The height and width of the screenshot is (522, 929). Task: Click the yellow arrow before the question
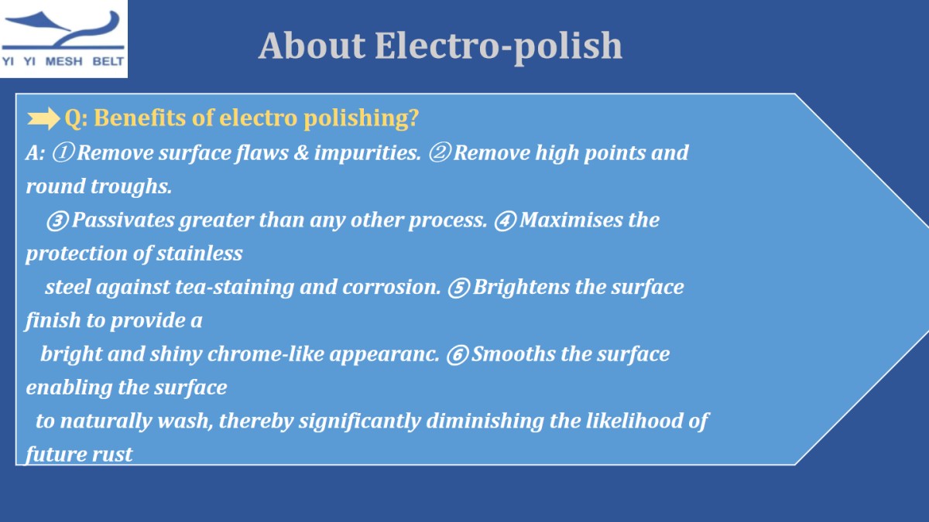tap(43, 118)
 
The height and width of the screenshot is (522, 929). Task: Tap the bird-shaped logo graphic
tap(63, 30)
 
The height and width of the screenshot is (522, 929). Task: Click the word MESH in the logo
tap(63, 62)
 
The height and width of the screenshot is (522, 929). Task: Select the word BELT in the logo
tap(108, 62)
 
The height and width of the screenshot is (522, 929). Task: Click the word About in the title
tap(312, 46)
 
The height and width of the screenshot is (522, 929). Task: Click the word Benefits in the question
tap(140, 118)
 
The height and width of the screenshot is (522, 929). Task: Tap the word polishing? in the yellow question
tap(362, 119)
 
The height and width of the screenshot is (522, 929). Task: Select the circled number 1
tap(63, 153)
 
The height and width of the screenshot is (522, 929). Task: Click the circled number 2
tap(440, 153)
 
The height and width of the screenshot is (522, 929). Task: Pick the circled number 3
tap(57, 220)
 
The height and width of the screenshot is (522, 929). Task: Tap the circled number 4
tap(505, 220)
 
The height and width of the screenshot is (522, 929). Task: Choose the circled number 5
tap(458, 288)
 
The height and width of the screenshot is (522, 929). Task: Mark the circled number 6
tap(458, 355)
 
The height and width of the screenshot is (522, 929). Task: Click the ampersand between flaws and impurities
tap(301, 153)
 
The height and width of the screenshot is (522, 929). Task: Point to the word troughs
tap(131, 187)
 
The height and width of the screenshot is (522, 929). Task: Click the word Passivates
tap(123, 220)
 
